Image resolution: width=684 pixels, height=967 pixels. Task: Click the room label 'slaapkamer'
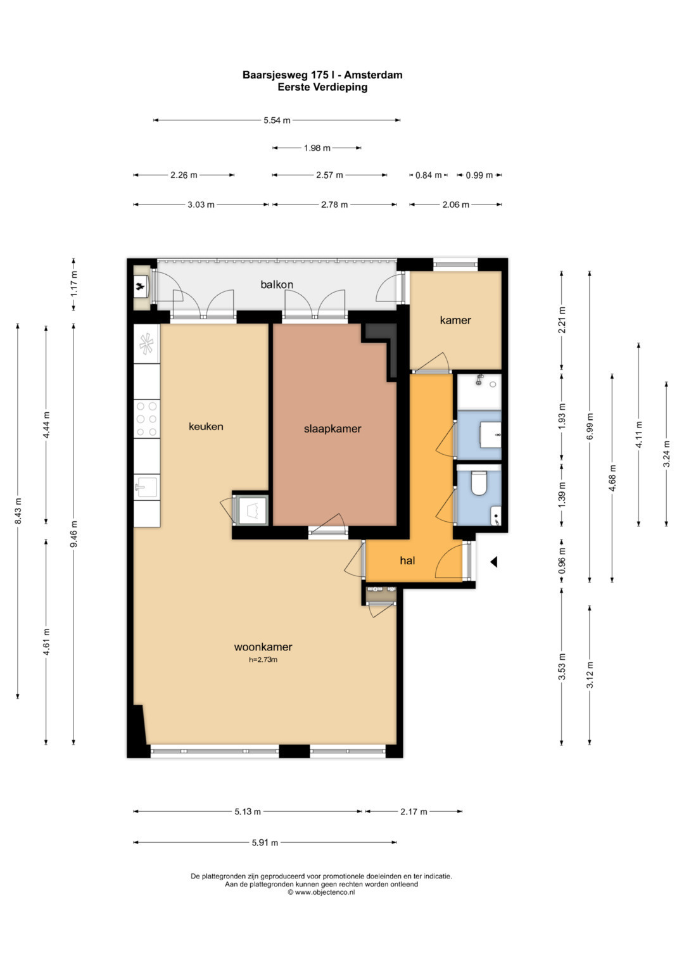[x=332, y=429]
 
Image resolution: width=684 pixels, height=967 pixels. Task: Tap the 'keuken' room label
[x=206, y=427]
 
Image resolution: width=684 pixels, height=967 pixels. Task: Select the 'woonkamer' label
[x=263, y=647]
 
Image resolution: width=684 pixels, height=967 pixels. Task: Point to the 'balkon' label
[x=277, y=284]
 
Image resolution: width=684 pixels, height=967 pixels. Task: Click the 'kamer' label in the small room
[x=455, y=320]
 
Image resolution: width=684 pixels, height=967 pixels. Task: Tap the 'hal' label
[x=407, y=560]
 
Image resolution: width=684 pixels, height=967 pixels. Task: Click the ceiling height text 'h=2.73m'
[x=263, y=660]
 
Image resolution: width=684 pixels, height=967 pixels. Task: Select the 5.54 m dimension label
[x=277, y=120]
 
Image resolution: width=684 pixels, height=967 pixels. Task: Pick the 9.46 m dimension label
[x=74, y=534]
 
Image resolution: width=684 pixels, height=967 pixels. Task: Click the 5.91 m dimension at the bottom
[x=265, y=842]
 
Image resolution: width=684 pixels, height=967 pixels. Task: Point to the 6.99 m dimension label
[x=590, y=426]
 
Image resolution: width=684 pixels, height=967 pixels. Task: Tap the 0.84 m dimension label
[x=428, y=175]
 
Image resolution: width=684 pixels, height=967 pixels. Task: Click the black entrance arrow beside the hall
[x=493, y=562]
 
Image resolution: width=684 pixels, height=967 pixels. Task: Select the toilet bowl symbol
[x=478, y=483]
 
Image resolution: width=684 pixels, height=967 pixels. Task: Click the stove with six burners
[x=147, y=419]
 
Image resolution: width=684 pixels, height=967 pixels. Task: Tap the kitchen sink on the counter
[x=146, y=488]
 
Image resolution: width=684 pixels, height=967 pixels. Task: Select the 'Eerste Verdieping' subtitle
[x=322, y=87]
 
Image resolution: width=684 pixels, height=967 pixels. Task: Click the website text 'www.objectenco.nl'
[x=325, y=892]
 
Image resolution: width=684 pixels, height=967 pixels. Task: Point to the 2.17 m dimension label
[x=414, y=812]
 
